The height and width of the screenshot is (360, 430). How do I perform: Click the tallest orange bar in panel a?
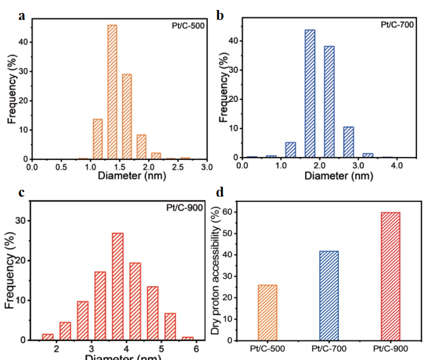pyautogui.click(x=112, y=92)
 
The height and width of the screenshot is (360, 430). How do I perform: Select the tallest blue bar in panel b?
pyautogui.click(x=310, y=94)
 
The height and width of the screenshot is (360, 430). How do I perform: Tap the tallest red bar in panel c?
pyautogui.click(x=118, y=287)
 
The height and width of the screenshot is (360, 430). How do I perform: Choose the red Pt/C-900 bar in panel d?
pyautogui.click(x=390, y=276)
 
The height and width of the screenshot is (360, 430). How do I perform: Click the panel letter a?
pyautogui.click(x=22, y=15)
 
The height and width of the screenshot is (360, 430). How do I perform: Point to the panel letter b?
pyautogui.click(x=220, y=15)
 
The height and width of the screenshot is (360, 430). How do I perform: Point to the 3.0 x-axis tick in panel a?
pyautogui.click(x=206, y=168)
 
